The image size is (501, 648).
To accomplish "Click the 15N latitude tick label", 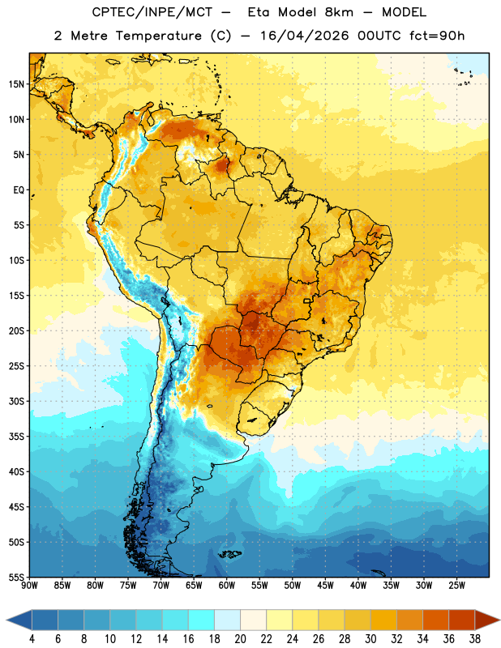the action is [x=16, y=84].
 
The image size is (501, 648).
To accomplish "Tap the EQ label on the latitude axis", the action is [x=19, y=190].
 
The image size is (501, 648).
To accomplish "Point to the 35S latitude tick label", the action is [x=16, y=437].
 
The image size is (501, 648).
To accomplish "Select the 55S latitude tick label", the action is [x=16, y=577].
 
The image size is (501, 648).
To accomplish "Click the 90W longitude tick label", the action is [x=30, y=585].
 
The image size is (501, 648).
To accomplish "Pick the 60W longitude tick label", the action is [x=227, y=585].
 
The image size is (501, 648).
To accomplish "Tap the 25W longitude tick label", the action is [x=456, y=585].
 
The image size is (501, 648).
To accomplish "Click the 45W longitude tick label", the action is [x=325, y=585].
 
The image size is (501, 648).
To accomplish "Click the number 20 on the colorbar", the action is [x=240, y=639].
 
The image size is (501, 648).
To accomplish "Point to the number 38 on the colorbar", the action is [x=475, y=639].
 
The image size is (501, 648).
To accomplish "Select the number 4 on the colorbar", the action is [x=32, y=639].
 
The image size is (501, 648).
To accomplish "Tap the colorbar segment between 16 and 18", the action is [x=202, y=620].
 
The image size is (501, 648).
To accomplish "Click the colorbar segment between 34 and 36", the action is [x=436, y=620].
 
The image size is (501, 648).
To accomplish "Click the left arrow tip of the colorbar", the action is [x=6, y=620].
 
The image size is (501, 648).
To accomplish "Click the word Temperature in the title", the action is [x=159, y=36].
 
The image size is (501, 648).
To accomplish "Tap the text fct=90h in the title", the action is [x=437, y=36].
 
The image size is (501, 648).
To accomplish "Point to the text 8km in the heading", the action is [x=339, y=12].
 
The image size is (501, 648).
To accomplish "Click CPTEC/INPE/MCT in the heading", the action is [x=152, y=12].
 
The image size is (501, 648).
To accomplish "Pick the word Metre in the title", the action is [x=89, y=36].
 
